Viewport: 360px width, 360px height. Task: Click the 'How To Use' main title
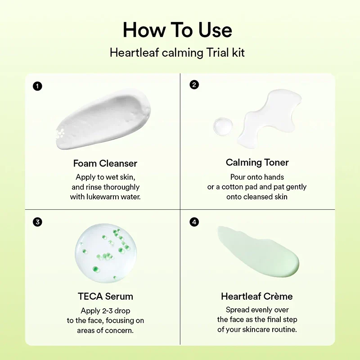(177, 30)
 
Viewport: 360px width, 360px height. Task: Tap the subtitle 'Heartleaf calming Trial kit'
(177, 53)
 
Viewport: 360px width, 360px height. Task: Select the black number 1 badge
(37, 86)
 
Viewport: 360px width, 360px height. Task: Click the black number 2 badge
(194, 85)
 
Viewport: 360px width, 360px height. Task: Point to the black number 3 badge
(37, 222)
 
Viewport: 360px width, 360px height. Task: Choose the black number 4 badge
(194, 222)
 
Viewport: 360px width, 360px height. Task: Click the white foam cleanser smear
(103, 119)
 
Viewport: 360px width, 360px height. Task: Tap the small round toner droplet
(223, 126)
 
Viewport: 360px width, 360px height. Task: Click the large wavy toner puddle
(269, 118)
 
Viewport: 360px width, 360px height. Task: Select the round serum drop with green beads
(106, 253)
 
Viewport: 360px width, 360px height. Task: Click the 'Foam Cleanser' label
(105, 163)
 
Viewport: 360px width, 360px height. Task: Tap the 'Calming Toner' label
(257, 162)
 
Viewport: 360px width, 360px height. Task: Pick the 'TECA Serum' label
(105, 297)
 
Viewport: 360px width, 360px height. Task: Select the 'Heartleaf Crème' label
(256, 297)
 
